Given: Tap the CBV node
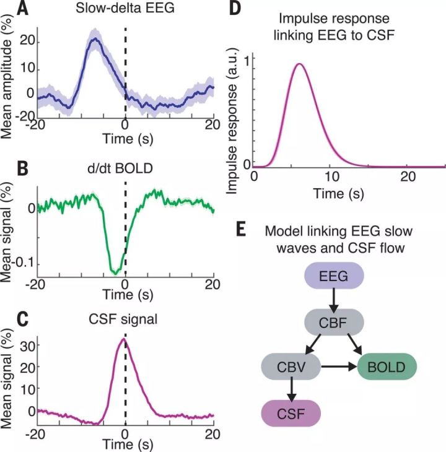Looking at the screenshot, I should coord(291,367).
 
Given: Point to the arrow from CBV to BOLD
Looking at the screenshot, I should coord(339,367).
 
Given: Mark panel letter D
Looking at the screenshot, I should coord(235,8).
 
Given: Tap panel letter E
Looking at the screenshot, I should coord(242,228).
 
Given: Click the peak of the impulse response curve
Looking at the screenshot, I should coord(300,64).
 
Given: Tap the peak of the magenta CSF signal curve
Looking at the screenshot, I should coord(124,339).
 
